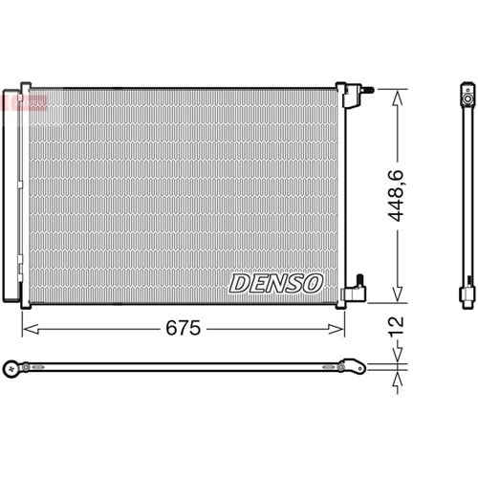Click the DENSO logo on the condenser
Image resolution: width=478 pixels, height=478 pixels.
point(276,283)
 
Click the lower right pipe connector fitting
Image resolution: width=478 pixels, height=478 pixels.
point(358,285)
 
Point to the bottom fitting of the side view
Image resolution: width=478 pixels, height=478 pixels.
point(467,293)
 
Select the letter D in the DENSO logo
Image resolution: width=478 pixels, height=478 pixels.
point(238,283)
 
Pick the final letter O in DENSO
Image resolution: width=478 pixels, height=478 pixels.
point(315,283)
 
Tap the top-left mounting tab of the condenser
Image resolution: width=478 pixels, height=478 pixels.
point(25,86)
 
